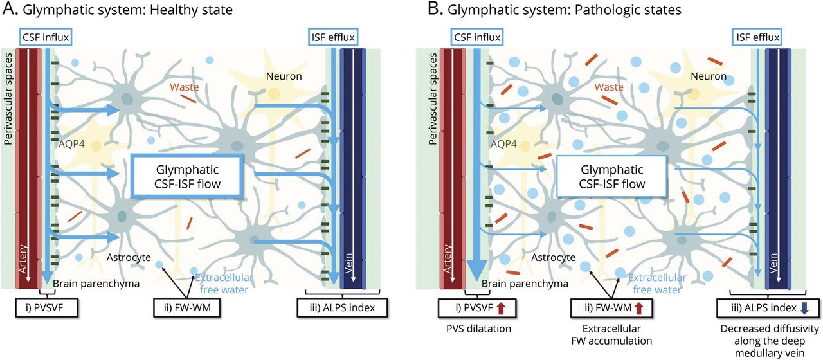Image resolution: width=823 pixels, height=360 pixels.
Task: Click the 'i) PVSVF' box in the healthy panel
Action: click(x=47, y=307)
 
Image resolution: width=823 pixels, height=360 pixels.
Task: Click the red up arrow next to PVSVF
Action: click(x=501, y=307)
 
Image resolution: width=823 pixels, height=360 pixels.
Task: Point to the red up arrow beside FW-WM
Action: click(x=638, y=307)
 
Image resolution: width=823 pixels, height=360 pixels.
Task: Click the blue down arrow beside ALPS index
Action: click(x=804, y=307)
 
